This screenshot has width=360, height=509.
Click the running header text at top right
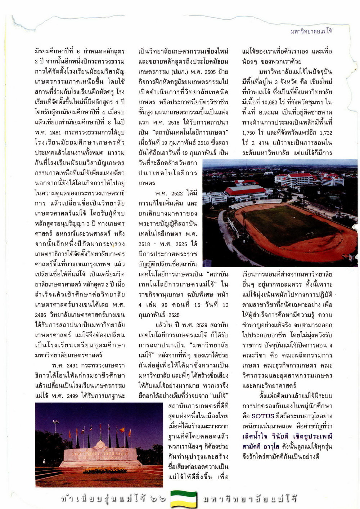[311, 31]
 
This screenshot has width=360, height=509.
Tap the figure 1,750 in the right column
[248, 133]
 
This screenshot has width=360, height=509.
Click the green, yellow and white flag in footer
[184, 499]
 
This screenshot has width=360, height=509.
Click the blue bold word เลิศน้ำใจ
[255, 437]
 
